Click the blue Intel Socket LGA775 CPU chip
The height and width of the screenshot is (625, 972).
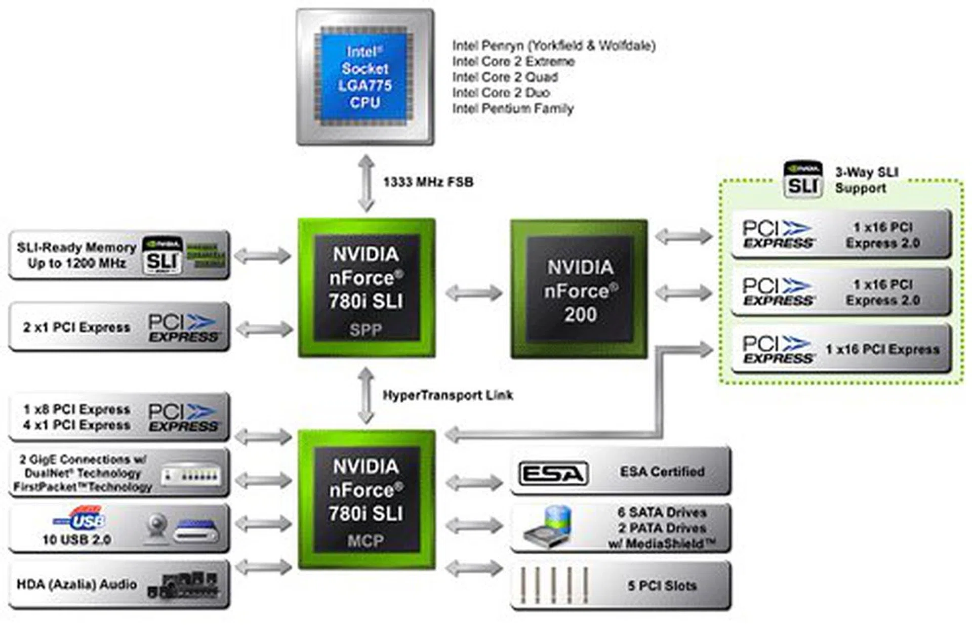click(364, 77)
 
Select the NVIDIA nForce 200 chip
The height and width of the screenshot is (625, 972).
click(579, 289)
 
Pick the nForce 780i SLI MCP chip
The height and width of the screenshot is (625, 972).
click(366, 500)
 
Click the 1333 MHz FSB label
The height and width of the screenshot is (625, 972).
click(428, 182)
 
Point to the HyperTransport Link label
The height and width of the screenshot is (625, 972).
click(448, 395)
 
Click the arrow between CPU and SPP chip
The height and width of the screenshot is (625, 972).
click(366, 183)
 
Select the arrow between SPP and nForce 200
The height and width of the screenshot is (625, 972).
click(473, 293)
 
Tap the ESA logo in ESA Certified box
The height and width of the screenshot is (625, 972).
click(553, 474)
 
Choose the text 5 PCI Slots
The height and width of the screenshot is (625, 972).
click(662, 586)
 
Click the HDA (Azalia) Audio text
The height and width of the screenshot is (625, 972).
click(76, 585)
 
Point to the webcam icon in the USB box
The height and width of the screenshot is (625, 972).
click(156, 528)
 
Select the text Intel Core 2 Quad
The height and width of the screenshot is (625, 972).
click(505, 77)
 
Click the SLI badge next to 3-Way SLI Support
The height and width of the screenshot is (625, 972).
click(803, 180)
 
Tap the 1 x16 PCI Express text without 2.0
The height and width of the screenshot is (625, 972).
click(882, 350)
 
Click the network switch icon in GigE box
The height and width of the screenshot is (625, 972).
click(191, 475)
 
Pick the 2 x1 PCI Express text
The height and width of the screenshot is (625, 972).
click(76, 327)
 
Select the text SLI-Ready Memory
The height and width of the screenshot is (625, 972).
click(76, 247)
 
